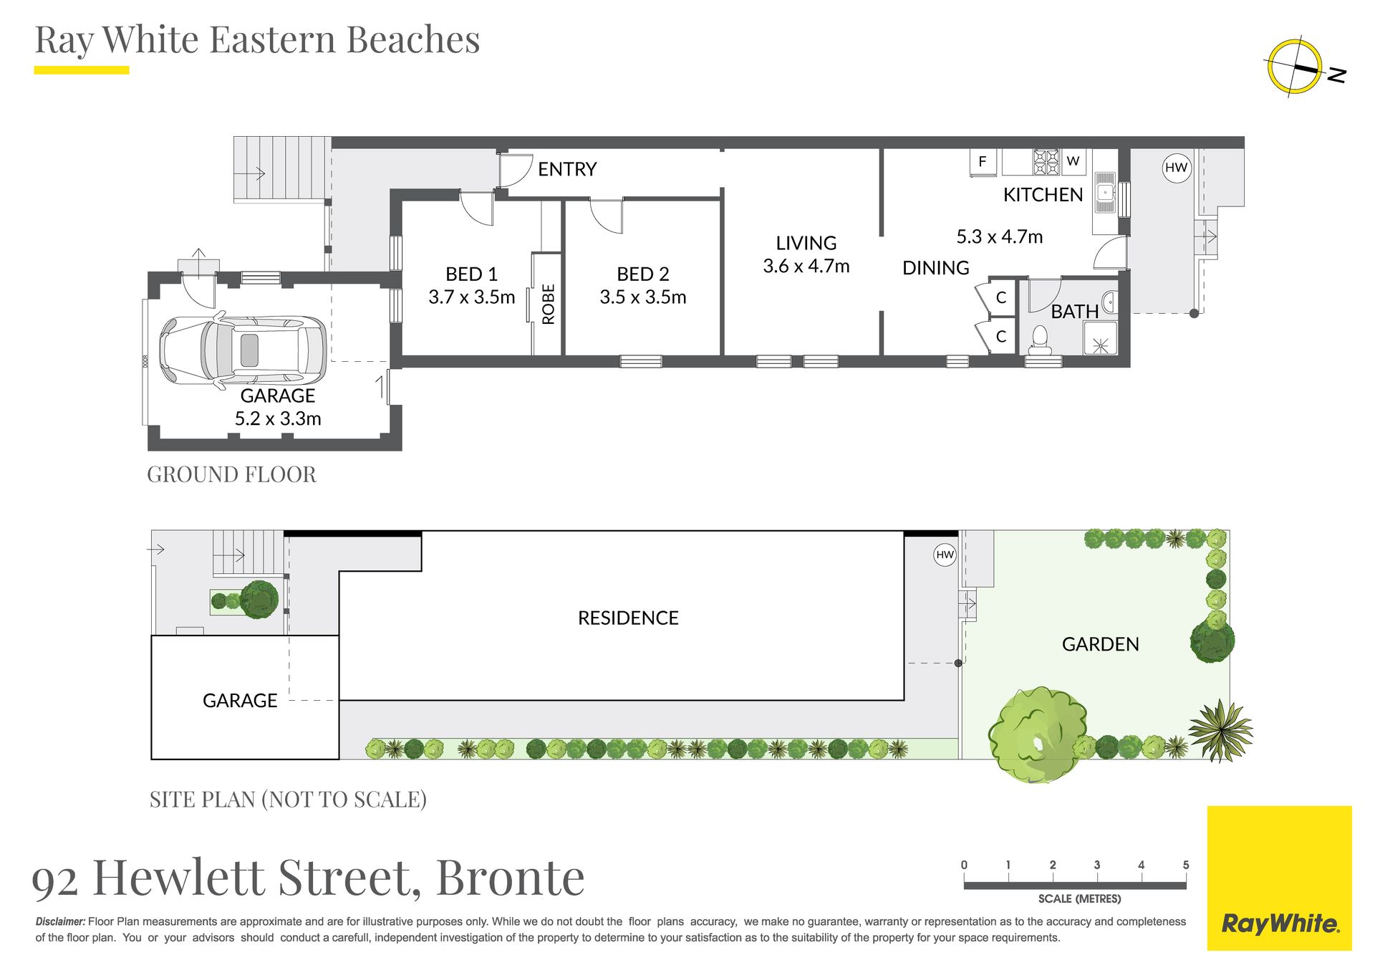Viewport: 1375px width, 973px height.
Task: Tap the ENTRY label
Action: click(567, 169)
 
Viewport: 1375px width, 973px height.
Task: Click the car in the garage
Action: click(243, 350)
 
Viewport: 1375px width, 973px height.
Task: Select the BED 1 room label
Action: click(471, 274)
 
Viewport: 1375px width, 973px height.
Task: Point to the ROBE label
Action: click(549, 304)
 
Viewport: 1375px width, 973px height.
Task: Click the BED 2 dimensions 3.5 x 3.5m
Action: click(643, 297)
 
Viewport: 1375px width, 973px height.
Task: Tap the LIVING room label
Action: click(806, 243)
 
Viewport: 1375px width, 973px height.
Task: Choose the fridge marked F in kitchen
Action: click(983, 162)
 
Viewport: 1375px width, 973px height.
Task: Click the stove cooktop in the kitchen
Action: click(1046, 162)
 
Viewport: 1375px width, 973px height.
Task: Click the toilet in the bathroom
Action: click(1040, 340)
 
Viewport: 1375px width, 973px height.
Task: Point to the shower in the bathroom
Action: click(1100, 338)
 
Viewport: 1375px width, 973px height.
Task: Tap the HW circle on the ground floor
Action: click(1176, 168)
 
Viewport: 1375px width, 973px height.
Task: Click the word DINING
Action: click(935, 268)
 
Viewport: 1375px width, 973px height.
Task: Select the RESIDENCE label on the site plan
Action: click(628, 618)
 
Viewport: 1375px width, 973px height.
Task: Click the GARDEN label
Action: click(1100, 644)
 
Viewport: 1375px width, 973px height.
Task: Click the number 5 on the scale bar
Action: click(1186, 865)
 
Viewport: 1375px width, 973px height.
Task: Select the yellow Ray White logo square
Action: click(1279, 878)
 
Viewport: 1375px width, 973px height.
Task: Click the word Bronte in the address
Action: click(510, 877)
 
